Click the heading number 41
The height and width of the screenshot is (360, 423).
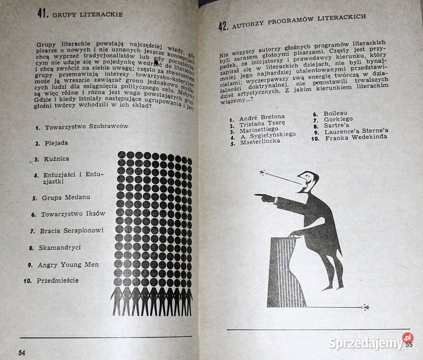(42, 13)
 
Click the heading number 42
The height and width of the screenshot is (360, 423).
(223, 26)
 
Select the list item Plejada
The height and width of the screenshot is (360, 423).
(56, 143)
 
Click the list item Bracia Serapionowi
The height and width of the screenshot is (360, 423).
(72, 230)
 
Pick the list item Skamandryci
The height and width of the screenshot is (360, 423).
(62, 247)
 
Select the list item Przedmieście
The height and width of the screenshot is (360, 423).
(57, 280)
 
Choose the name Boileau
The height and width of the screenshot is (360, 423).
(335, 113)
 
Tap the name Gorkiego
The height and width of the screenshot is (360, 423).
(338, 119)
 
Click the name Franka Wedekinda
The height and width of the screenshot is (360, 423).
(357, 138)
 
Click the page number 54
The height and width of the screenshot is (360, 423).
(21, 352)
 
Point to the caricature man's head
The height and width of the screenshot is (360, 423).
(308, 180)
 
